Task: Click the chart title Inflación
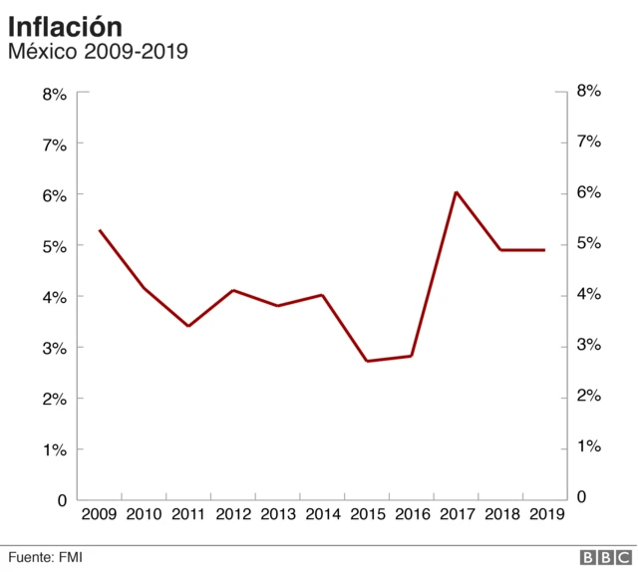66,26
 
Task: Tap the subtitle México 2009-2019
98,51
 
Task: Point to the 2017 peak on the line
456,192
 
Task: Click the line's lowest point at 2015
367,361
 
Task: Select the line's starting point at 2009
100,230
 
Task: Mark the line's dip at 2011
188,326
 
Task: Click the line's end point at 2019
544,250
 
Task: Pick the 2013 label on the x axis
278,514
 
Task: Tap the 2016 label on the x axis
412,514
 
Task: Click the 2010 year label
145,514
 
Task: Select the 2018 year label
500,514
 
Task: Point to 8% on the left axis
54,95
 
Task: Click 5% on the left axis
54,247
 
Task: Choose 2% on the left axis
54,400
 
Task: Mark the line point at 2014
322,295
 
